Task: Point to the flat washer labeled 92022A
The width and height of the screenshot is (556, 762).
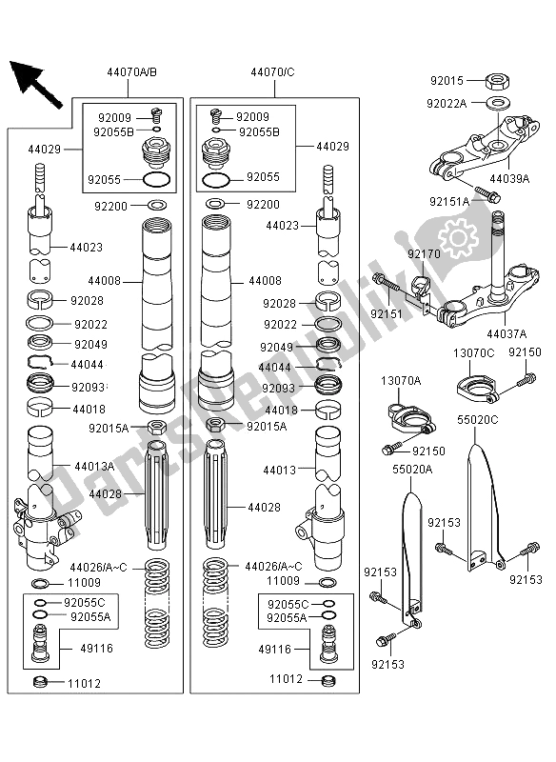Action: point(495,102)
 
